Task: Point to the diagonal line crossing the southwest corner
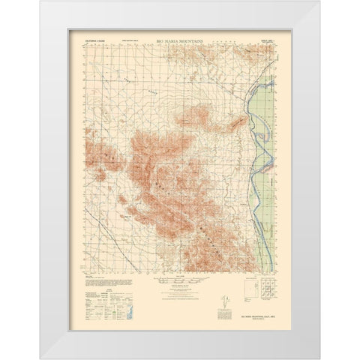pos(97,225)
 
